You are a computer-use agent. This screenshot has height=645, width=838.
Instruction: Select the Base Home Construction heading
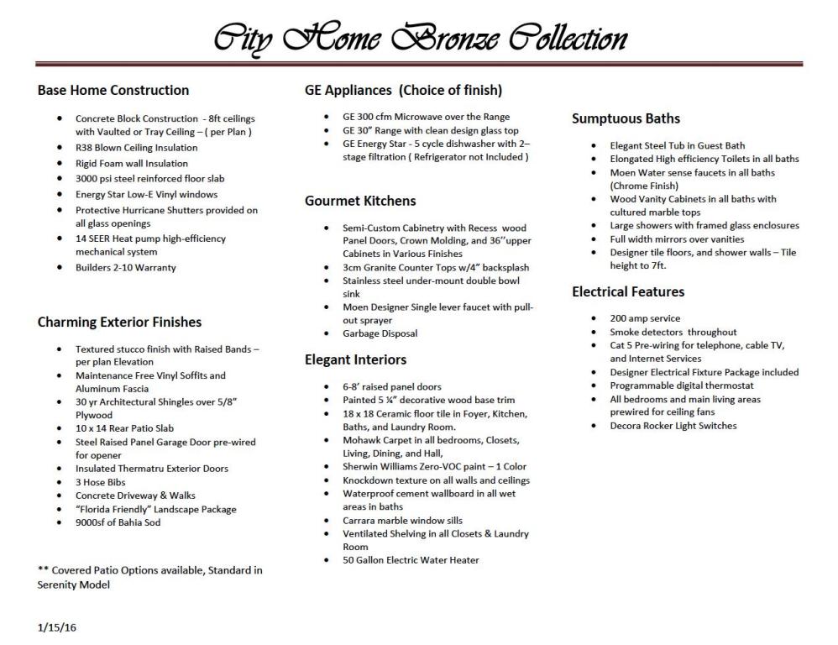113,90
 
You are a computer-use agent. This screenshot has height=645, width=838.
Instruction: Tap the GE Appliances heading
403,90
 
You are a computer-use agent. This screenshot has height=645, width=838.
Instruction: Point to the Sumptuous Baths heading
626,118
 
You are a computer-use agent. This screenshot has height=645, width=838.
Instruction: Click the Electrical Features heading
628,291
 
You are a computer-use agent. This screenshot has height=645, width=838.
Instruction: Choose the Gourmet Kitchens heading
360,201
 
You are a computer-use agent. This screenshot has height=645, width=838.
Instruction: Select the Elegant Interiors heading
355,359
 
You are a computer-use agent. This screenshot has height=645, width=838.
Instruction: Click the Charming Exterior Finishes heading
119,322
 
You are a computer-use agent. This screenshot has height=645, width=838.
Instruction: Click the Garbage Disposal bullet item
380,333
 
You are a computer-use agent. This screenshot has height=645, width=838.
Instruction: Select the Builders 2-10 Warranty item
126,268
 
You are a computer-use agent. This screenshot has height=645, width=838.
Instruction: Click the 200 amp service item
645,318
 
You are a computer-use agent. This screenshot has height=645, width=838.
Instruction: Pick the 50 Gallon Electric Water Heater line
411,560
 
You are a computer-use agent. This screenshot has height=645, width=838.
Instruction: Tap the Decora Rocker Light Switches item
673,426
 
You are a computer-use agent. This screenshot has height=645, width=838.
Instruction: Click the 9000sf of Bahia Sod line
118,522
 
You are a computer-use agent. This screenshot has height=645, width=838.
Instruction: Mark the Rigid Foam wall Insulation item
132,163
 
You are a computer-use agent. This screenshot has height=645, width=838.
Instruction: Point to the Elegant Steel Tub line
677,145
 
